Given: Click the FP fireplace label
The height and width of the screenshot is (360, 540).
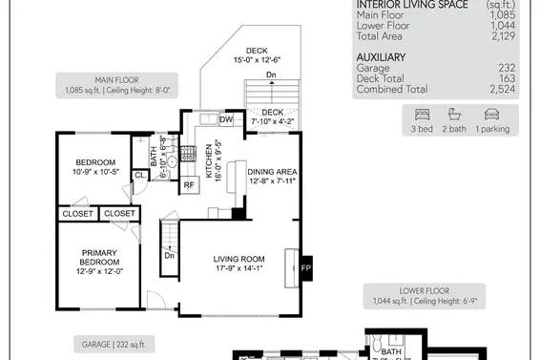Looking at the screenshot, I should (x=306, y=269).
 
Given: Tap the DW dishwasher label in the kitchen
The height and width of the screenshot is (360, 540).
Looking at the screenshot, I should (x=226, y=120).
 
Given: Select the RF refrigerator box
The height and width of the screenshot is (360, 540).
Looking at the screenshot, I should (x=190, y=184).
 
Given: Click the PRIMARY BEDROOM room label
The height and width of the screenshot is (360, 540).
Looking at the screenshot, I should (x=98, y=262).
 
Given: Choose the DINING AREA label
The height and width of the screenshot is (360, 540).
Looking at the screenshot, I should (x=272, y=176).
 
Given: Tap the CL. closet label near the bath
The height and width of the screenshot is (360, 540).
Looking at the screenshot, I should (x=139, y=175).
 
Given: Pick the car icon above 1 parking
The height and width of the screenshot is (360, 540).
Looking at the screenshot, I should (x=492, y=114).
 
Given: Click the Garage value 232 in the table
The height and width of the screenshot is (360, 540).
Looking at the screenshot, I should (x=507, y=68).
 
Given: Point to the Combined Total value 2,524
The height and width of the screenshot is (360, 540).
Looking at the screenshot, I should (x=503, y=89).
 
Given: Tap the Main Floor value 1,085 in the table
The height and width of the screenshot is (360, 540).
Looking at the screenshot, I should (x=502, y=15).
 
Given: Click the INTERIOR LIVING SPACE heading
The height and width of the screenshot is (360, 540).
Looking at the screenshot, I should (x=413, y=5).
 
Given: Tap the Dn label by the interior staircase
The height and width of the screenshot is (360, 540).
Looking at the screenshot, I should (x=170, y=255).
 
